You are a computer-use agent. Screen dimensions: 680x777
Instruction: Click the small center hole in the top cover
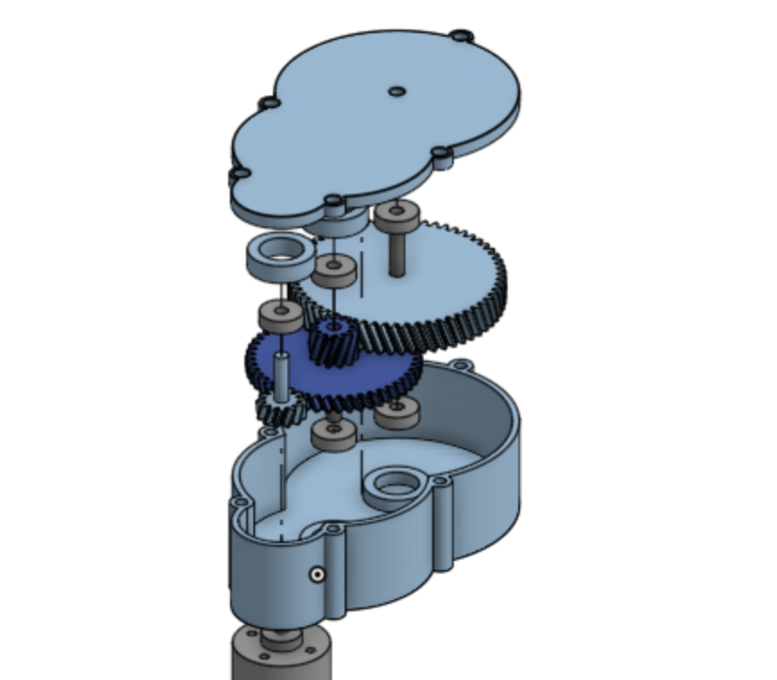coord(397,90)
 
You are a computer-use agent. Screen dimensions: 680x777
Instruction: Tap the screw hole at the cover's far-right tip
coord(461,37)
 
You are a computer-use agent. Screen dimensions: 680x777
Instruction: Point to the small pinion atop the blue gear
coord(333,341)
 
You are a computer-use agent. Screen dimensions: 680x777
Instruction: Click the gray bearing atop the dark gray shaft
coord(397,214)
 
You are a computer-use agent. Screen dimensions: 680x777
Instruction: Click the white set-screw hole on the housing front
coord(316,574)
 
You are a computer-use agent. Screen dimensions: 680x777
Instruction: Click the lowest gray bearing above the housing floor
coord(333,433)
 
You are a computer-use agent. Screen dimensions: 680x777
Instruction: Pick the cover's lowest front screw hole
coord(333,200)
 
